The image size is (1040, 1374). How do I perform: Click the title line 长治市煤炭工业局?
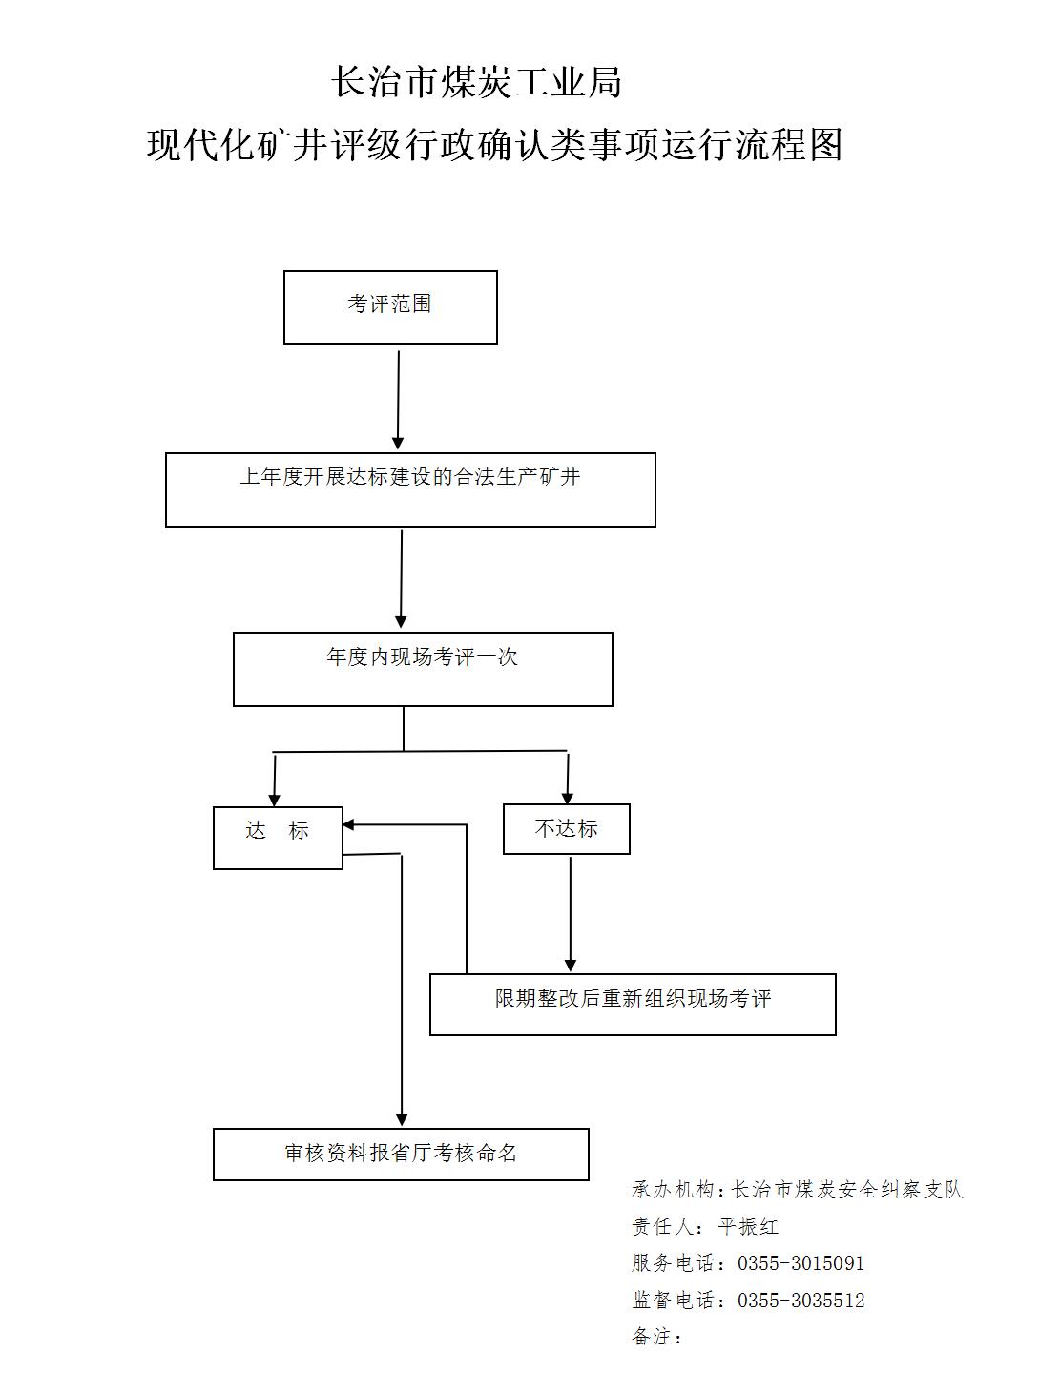[x=476, y=83]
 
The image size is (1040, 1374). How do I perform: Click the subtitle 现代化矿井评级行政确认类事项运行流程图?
[x=494, y=145]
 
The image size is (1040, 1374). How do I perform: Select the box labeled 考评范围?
[x=390, y=307]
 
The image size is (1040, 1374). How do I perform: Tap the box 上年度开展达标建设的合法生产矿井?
[x=410, y=489]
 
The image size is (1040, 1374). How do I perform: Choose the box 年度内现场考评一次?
[x=423, y=669]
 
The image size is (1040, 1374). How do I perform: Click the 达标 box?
[x=278, y=838]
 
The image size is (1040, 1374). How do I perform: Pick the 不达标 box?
[x=567, y=829]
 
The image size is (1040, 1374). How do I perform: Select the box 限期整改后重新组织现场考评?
[x=633, y=1004]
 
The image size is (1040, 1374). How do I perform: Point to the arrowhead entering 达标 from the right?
[x=349, y=824]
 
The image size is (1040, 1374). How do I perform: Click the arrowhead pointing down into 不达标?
[x=567, y=798]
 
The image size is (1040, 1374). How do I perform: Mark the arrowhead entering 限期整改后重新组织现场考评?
[x=570, y=967]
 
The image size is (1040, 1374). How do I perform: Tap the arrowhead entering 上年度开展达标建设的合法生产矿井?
[x=397, y=444]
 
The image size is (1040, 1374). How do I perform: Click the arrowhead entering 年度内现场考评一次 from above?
[x=401, y=622]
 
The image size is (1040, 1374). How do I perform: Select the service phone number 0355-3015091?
[x=801, y=1263]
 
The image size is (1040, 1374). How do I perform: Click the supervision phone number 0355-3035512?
[x=801, y=1301]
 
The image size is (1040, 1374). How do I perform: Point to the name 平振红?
[x=748, y=1226]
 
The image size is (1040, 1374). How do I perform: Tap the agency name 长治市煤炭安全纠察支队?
[x=847, y=1189]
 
